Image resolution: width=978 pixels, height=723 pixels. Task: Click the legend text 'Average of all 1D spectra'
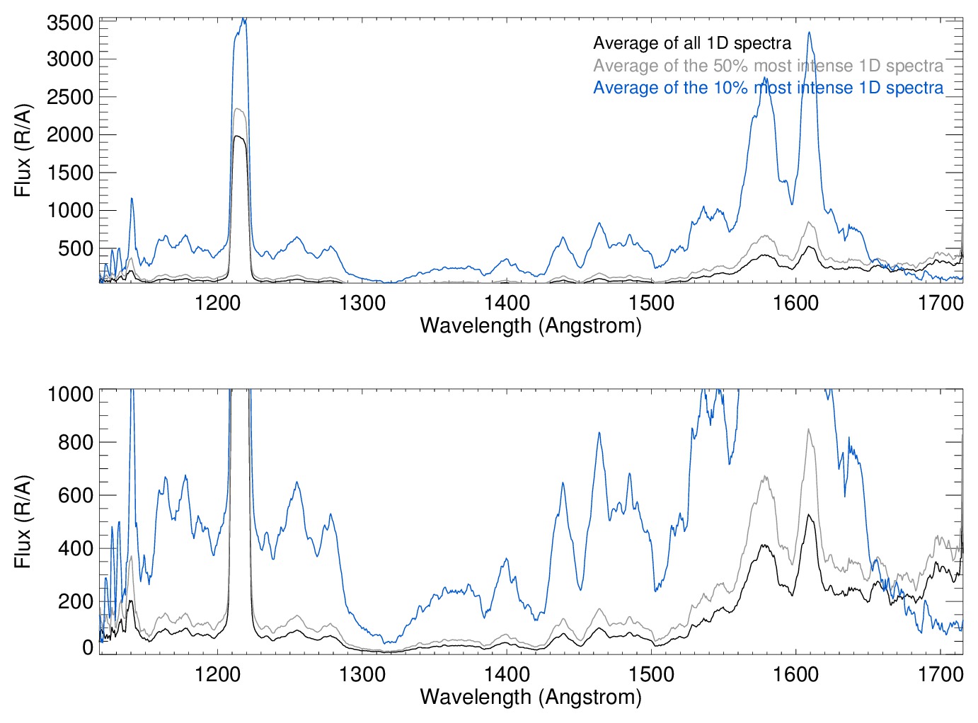692,43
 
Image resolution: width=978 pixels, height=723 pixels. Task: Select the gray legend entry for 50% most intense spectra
768,66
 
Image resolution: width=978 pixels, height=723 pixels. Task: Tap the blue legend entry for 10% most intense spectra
768,88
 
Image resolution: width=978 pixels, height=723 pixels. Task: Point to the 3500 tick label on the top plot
70,23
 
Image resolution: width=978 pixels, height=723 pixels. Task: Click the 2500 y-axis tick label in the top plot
70,97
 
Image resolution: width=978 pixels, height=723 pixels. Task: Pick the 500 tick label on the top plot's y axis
76,248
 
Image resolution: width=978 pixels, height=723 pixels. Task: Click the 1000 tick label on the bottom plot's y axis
70,394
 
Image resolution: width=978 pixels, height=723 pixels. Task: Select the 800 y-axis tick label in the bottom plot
76,443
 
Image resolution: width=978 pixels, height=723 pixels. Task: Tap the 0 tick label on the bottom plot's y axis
88,647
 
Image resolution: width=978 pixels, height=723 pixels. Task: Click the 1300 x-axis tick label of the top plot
362,303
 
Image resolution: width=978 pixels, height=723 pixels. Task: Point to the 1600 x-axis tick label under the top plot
795,303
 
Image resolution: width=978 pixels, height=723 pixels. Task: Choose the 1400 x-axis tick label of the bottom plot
507,674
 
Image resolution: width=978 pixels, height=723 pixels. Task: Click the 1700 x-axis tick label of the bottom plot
940,674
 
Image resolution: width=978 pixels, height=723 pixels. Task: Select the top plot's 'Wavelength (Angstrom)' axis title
531,325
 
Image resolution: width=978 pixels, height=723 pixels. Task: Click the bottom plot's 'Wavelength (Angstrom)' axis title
531,697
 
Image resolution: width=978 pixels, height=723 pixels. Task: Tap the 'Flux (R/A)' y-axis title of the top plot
23,151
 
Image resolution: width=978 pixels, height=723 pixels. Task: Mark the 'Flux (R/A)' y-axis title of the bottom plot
23,521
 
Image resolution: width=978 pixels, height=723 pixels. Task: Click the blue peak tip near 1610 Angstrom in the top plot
809,33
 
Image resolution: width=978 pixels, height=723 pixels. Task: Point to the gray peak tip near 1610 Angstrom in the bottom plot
808,429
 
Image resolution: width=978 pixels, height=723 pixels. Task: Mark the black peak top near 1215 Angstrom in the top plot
238,137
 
